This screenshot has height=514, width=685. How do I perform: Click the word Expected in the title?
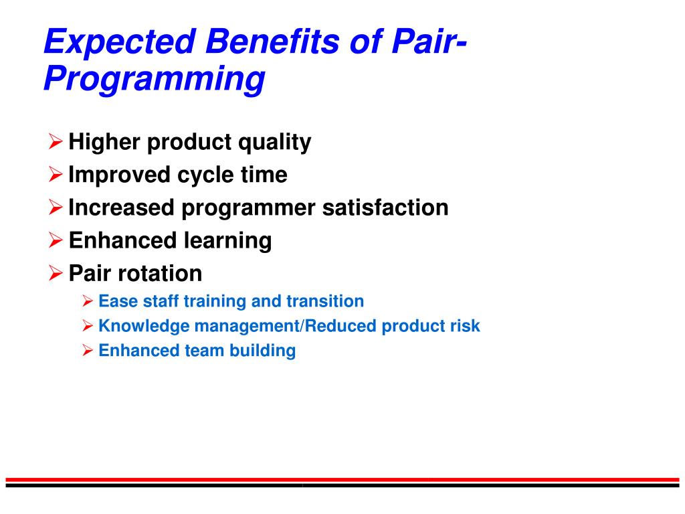coord(119,41)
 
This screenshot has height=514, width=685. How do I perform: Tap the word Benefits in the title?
coord(272,41)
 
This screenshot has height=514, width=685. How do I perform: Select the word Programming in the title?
coord(155,79)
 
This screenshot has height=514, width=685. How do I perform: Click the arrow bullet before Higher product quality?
coord(56,142)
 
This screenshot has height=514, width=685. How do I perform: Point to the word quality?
coord(274,143)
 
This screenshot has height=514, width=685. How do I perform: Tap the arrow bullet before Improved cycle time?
coord(56,175)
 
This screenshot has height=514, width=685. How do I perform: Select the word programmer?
coord(248,209)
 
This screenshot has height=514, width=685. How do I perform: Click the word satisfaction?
coord(385,207)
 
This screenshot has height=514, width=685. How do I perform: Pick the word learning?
coord(227,241)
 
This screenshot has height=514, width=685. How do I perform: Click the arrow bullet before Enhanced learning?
coord(56,240)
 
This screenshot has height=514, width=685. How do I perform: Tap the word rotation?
coord(160,273)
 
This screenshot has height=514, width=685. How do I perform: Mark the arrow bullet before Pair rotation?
coord(56,273)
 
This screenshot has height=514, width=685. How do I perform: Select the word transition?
coord(325,301)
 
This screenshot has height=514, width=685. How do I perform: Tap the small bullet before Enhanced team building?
coord(88,350)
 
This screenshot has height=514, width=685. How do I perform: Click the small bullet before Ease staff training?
coord(88,301)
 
